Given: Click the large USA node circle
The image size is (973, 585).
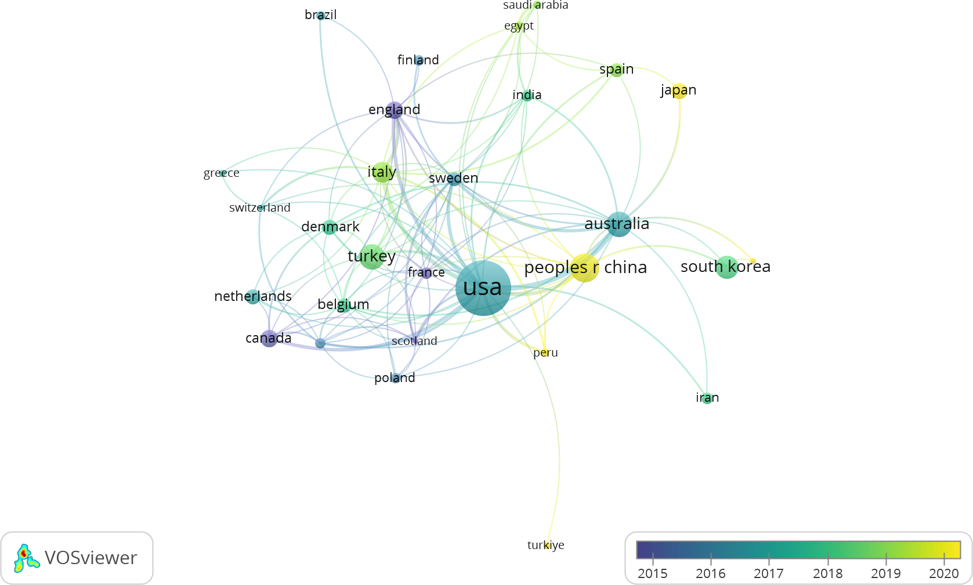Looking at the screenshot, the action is tap(483, 288).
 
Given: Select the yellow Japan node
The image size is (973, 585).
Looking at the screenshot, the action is tap(679, 90).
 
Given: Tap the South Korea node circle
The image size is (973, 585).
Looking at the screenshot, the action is tap(726, 267).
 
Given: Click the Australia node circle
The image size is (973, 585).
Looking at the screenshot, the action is tap(619, 224).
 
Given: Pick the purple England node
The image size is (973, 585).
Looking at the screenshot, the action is tap(395, 110).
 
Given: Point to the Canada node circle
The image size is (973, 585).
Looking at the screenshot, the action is tap(269, 338).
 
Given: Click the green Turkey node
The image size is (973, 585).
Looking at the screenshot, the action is tap(371, 256).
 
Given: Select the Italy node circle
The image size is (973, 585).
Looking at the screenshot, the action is tap(382, 172).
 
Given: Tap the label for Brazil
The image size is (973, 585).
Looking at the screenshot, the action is tap(320, 15).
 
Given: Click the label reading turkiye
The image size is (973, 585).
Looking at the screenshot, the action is tap(545, 545).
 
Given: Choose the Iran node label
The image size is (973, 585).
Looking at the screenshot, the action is tap(707, 398).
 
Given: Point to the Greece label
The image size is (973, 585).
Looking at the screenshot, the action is tap(221, 173).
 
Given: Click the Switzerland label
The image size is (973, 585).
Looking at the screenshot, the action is tap(259, 208).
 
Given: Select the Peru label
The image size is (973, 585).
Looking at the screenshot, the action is tap(545, 353).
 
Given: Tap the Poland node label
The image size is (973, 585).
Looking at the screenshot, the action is tap(395, 378).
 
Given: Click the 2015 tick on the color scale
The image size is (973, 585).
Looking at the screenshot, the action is tap(653, 559).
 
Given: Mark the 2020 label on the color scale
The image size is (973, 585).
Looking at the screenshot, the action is tap(943, 573).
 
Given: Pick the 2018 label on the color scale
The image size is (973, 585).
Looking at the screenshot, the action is tap(827, 573).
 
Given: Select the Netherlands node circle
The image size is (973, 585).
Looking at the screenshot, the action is tap(252, 297).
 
